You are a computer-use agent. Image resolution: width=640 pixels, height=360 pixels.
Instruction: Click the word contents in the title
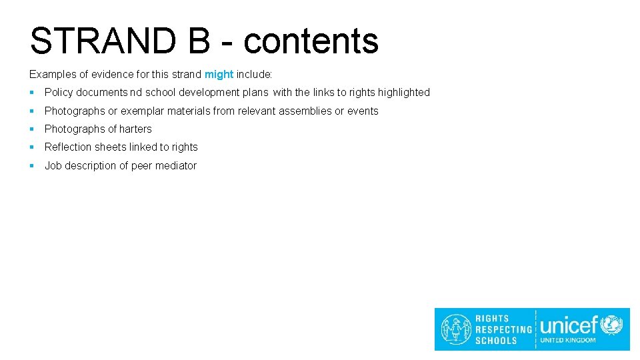point(311,41)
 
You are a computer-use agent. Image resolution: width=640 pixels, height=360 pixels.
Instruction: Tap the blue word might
point(219,74)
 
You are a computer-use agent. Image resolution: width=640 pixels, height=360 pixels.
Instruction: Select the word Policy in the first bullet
point(58,93)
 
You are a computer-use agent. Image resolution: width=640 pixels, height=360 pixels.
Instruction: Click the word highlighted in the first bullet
point(403,93)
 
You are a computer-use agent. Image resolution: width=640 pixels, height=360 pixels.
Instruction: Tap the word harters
point(135,129)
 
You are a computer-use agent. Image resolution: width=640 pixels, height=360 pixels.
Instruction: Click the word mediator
point(175,166)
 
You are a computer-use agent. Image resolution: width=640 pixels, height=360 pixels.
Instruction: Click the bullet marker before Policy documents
point(32,93)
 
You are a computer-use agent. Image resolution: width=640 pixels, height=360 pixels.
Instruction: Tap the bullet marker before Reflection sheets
point(32,147)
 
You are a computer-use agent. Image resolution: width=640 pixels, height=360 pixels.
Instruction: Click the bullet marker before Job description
point(32,166)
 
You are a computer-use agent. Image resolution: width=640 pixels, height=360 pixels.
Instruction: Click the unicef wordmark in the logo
point(569,325)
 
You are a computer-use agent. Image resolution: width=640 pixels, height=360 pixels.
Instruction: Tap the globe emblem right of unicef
point(611,325)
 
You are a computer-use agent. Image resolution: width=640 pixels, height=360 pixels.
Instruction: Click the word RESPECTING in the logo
point(503,329)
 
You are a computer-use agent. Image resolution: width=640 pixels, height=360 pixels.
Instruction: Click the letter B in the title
point(199,41)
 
